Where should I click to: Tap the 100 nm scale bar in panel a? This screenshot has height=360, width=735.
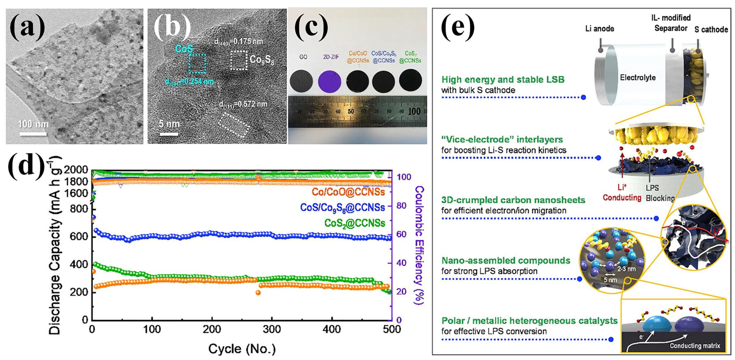(33, 133)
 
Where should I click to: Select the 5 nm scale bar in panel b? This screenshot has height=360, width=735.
(169, 134)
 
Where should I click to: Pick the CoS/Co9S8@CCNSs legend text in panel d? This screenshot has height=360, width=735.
(342, 208)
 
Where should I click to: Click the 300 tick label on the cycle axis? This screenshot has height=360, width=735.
(272, 329)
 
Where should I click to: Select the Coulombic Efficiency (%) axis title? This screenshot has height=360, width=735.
(419, 245)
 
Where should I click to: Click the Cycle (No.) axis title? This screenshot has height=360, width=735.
(242, 349)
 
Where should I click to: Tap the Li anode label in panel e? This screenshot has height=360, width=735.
(600, 29)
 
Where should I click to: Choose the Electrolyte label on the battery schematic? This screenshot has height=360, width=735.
(638, 78)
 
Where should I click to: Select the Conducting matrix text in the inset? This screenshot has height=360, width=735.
(695, 346)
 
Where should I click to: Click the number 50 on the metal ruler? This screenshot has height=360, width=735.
(351, 111)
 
